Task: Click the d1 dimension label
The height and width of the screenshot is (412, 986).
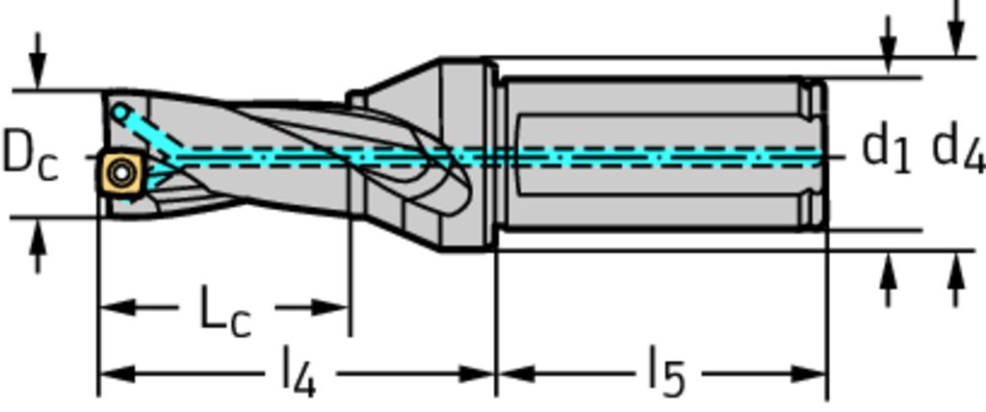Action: pyautogui.click(x=885, y=149)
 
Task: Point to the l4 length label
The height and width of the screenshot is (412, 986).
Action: pyautogui.click(x=298, y=373)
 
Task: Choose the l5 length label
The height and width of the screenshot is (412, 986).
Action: pyautogui.click(x=665, y=373)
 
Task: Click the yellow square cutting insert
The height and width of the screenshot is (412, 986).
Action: pyautogui.click(x=121, y=172)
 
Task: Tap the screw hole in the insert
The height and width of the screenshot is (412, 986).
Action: pyautogui.click(x=121, y=173)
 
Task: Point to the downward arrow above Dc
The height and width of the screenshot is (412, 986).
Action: pyautogui.click(x=37, y=72)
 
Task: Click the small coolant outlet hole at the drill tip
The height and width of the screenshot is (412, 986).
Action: pyautogui.click(x=118, y=113)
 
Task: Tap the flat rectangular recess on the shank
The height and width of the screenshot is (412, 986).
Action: pyautogui.click(x=655, y=154)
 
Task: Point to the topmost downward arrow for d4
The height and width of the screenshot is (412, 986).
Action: pyautogui.click(x=955, y=39)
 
